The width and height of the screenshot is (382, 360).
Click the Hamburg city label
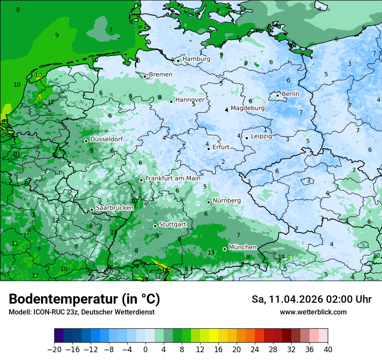pyautogui.click(x=196, y=59)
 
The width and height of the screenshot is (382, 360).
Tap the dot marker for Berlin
pyautogui.click(x=278, y=95)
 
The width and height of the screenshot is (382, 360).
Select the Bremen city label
pyautogui.click(x=161, y=75)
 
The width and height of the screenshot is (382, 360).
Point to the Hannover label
pyautogui.click(x=190, y=100)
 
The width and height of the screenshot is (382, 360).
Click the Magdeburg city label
pyautogui.click(x=247, y=108)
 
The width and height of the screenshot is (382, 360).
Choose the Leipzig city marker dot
pyautogui.click(x=247, y=138)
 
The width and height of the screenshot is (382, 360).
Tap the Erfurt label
pyautogui.click(x=221, y=147)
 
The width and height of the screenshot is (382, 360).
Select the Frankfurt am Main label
pyautogui.click(x=173, y=178)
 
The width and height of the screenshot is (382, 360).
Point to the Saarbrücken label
pyautogui.click(x=115, y=208)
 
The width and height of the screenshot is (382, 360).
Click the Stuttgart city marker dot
pyautogui.click(x=155, y=226)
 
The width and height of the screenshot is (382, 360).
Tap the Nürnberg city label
pyautogui.click(x=227, y=200)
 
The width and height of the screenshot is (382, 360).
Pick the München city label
pyautogui.click(x=243, y=247)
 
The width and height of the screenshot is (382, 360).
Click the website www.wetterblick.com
pyautogui.click(x=313, y=312)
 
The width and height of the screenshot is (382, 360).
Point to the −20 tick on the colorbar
pyautogui.click(x=55, y=349)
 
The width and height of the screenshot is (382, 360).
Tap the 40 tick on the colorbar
pyautogui.click(x=328, y=349)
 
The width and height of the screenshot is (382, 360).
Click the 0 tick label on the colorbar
pyautogui.click(x=145, y=349)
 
